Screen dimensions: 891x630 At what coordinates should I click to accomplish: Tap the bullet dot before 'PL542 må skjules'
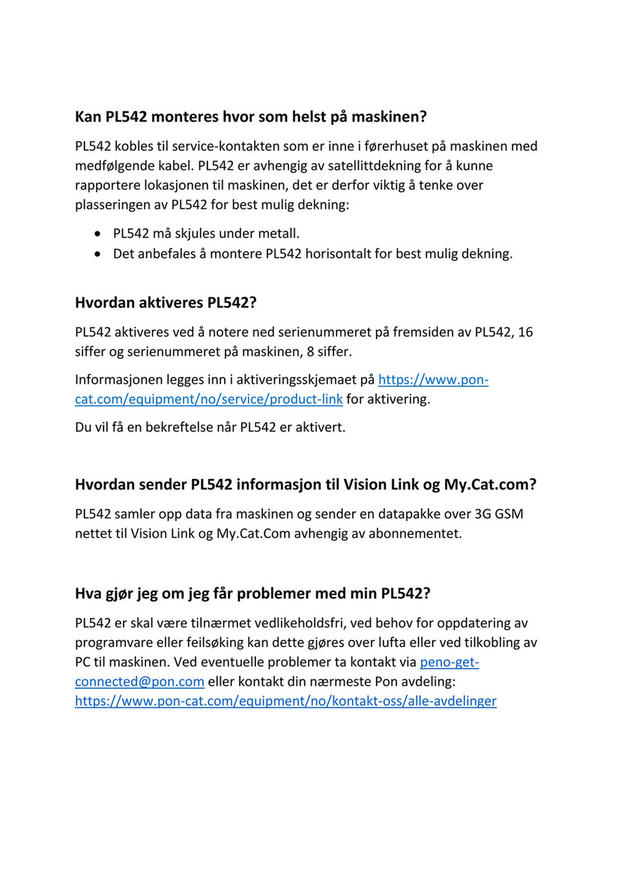pos(98,234)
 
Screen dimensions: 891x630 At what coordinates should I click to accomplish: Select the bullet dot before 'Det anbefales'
pos(98,254)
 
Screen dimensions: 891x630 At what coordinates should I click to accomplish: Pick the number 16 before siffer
pos(525,332)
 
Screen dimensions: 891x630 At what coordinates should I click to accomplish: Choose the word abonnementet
pos(418,534)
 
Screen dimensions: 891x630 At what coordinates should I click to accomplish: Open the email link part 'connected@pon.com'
pos(139,682)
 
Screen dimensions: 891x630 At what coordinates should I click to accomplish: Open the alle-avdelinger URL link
pos(285,701)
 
